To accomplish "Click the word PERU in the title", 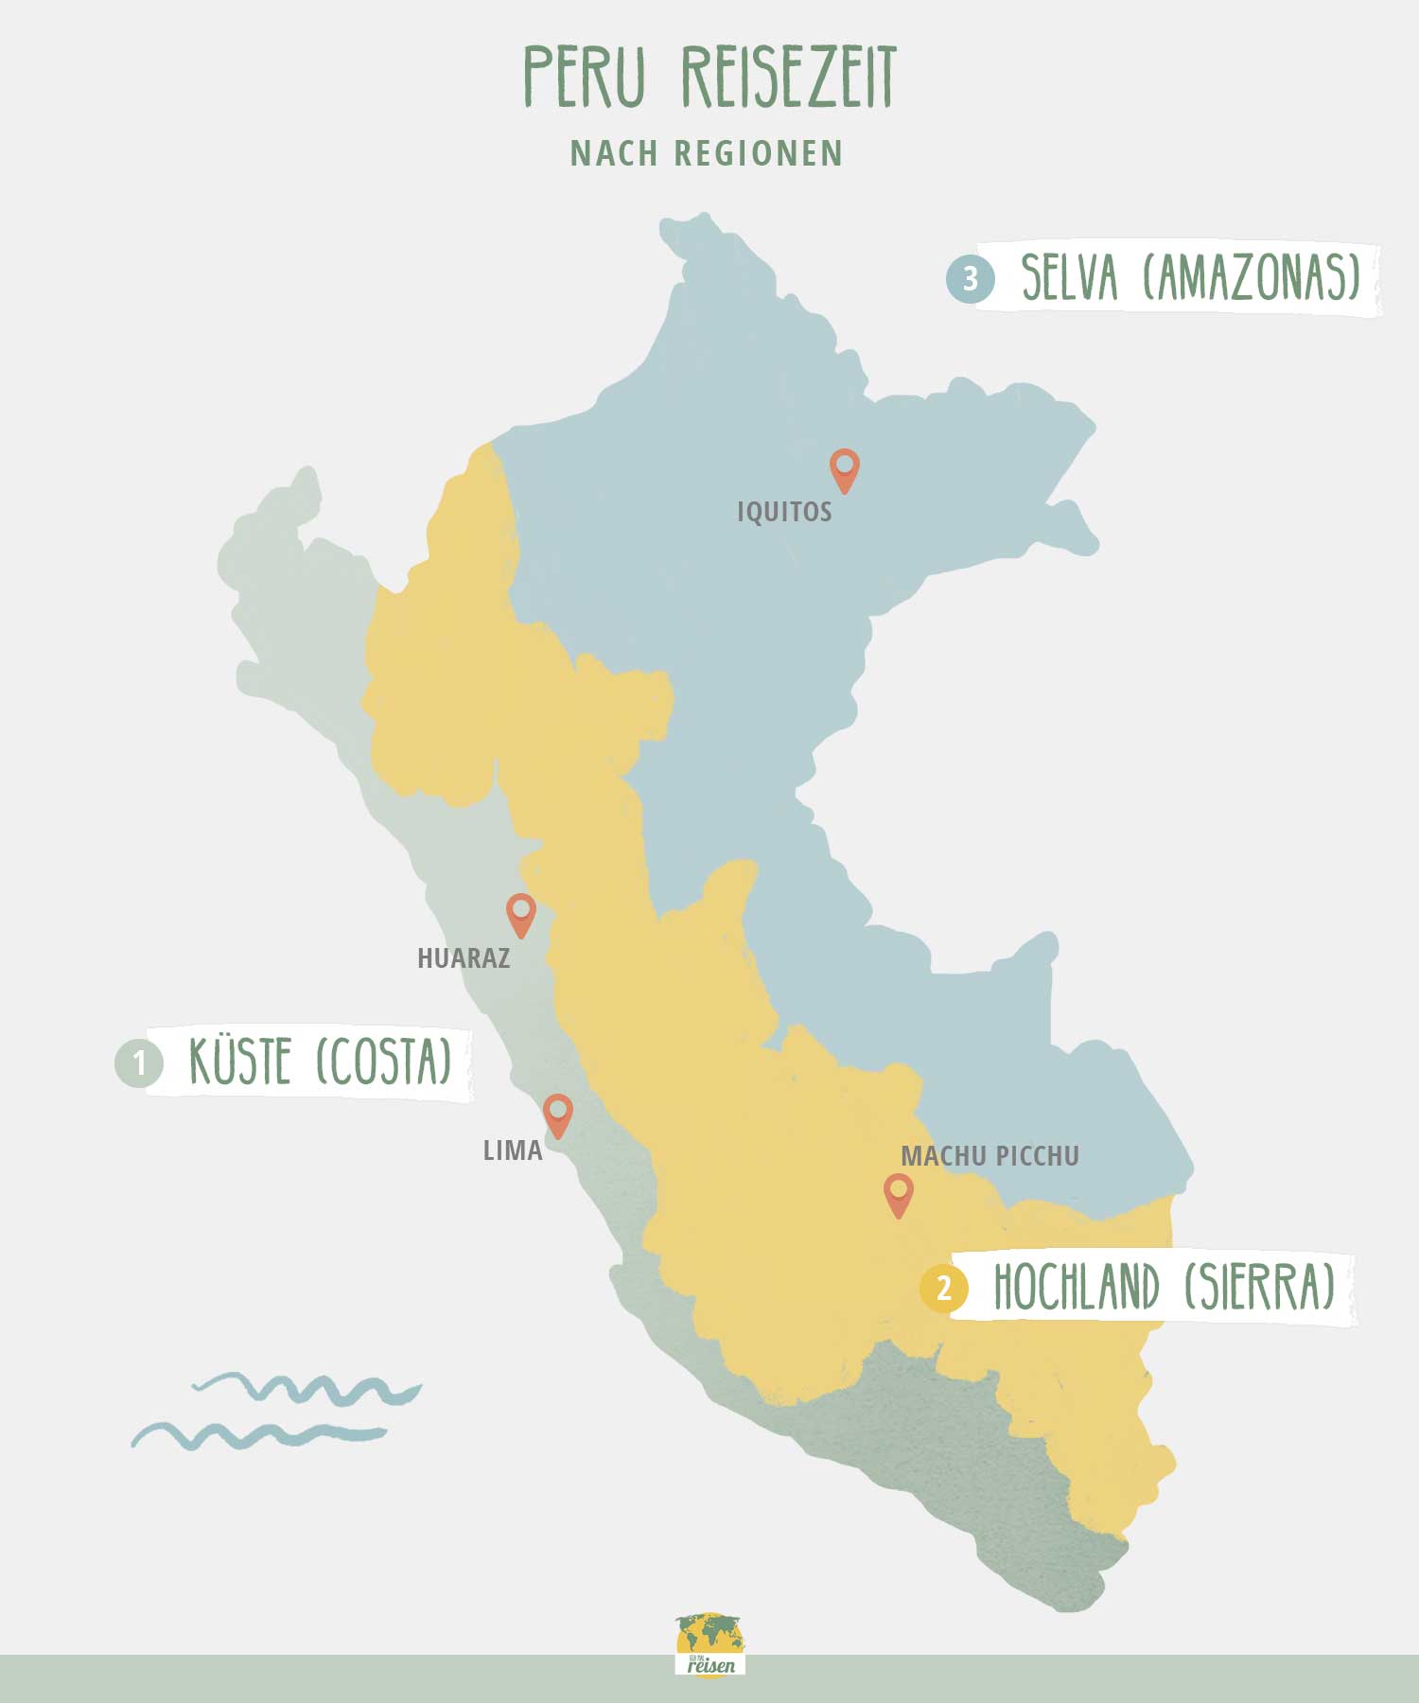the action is (585, 76).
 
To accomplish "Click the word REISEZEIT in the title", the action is (788, 76).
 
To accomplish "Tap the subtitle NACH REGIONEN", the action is (707, 153).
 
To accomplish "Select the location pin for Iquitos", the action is (844, 467).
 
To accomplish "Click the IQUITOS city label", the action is (784, 512).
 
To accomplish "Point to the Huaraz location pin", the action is (520, 912).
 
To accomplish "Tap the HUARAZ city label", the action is (464, 958).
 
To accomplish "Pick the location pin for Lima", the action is (558, 1113).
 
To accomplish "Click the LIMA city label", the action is (513, 1150).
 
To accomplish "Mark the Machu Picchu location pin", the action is (898, 1192).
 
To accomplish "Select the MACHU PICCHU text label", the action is (990, 1156).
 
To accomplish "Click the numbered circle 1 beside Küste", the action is (139, 1062).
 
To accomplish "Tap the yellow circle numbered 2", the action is (943, 1289).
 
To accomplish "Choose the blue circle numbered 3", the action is (970, 279).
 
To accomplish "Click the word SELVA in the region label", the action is (1070, 277).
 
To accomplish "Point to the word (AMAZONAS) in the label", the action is (1252, 277).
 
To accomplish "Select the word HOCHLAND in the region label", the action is (1076, 1287).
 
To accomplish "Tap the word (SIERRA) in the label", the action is (1260, 1287).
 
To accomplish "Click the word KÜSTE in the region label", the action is (239, 1062).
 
